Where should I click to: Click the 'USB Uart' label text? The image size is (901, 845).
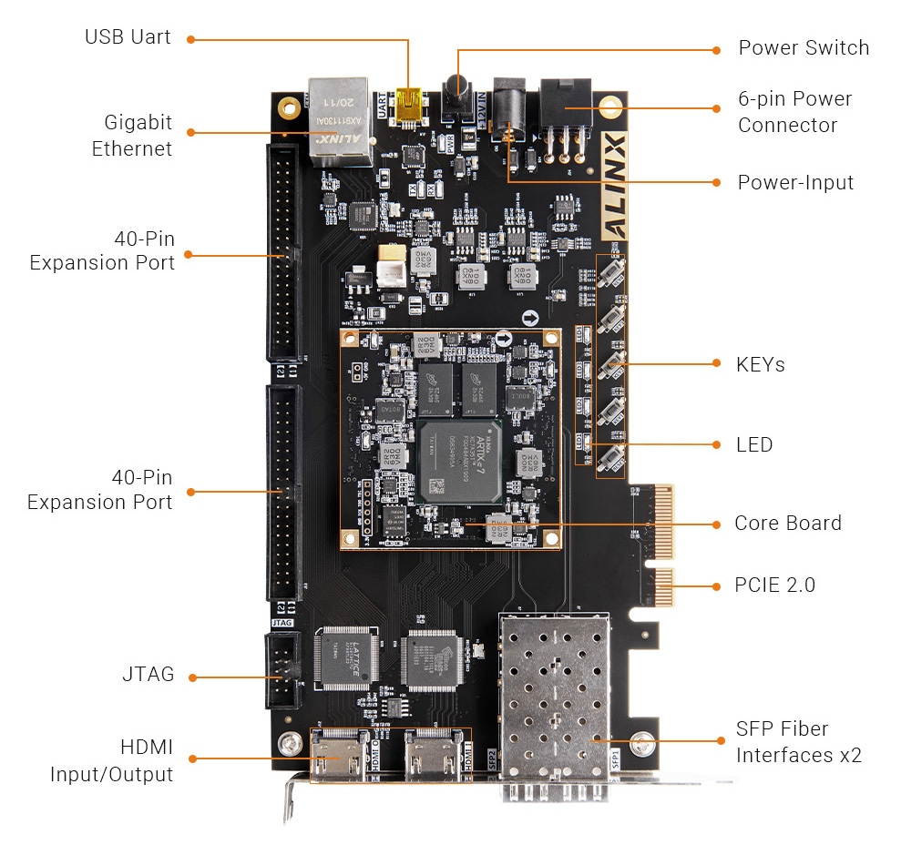click(128, 38)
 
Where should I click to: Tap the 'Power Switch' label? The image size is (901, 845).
click(803, 48)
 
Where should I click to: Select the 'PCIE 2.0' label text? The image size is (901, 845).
click(774, 585)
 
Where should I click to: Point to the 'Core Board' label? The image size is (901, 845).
click(787, 524)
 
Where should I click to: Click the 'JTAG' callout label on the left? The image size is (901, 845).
click(148, 676)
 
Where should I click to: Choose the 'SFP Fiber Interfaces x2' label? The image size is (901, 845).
click(798, 741)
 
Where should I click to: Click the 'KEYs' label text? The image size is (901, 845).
click(760, 364)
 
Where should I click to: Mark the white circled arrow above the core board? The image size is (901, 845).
click(530, 318)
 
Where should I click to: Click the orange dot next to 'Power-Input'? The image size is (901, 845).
click(715, 181)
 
